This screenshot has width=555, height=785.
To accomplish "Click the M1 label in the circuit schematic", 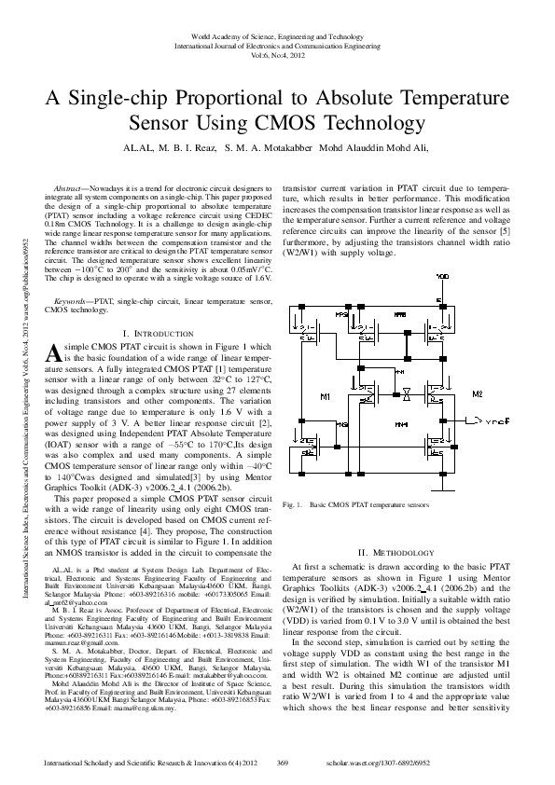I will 324,397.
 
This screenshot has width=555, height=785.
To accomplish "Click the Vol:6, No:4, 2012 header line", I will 277,55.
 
